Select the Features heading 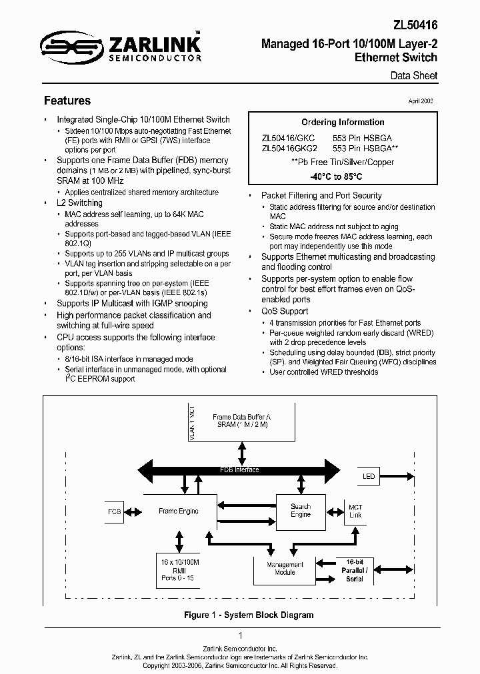point(67,101)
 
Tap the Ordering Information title point(343,123)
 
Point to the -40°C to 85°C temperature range point(336,177)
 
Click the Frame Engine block point(178,511)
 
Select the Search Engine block point(301,511)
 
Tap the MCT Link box point(355,511)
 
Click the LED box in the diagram point(369,477)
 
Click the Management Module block point(285,568)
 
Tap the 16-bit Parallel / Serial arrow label point(354,570)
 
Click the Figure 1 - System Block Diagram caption point(249,615)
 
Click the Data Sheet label point(414,76)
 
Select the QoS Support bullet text point(285,311)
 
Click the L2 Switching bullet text point(80,203)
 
